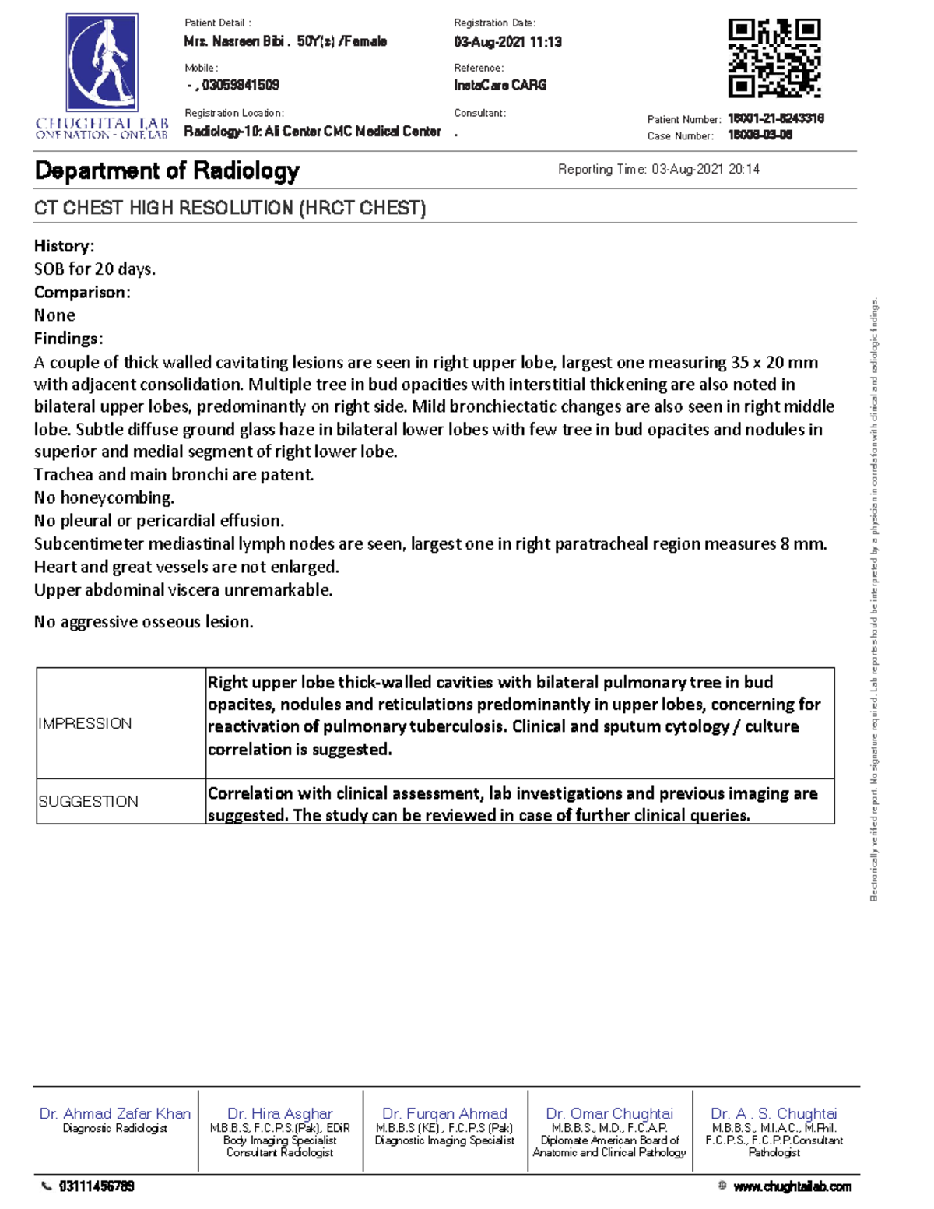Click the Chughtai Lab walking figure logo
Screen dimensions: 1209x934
pyautogui.click(x=102, y=63)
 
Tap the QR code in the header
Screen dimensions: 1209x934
pyautogui.click(x=774, y=58)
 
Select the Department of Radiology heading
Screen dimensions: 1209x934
pyautogui.click(x=167, y=170)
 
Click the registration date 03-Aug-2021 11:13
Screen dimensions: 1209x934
pyautogui.click(x=507, y=42)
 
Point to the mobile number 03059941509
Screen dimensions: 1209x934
pyautogui.click(x=240, y=85)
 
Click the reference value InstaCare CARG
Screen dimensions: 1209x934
pyautogui.click(x=500, y=85)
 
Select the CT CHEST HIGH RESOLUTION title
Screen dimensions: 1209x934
pyautogui.click(x=230, y=208)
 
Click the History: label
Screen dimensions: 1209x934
pyautogui.click(x=64, y=246)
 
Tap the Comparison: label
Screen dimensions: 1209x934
pyautogui.click(x=82, y=292)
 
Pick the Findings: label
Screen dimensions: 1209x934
pyautogui.click(x=68, y=338)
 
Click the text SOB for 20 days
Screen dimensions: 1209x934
pyautogui.click(x=95, y=269)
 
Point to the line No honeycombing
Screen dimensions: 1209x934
pyautogui.click(x=104, y=497)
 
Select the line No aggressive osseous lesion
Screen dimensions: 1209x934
pyautogui.click(x=143, y=621)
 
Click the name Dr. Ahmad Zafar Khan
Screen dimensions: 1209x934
pyautogui.click(x=115, y=1113)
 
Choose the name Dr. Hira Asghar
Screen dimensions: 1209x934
pyautogui.click(x=279, y=1113)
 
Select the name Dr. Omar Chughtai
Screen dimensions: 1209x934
pyautogui.click(x=609, y=1113)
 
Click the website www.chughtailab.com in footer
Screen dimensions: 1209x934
pyautogui.click(x=792, y=1186)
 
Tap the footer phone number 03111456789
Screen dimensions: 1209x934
pyautogui.click(x=97, y=1186)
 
